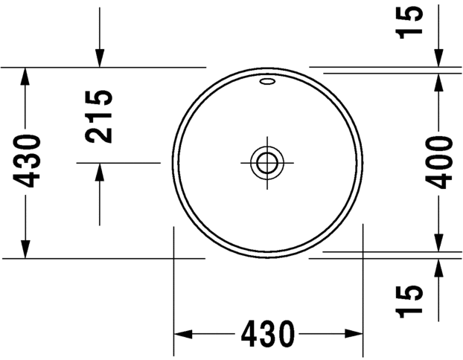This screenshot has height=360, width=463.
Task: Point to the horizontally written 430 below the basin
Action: pos(268,333)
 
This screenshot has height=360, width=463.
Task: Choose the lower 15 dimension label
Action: pos(411,300)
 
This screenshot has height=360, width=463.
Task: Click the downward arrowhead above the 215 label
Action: pos(99,57)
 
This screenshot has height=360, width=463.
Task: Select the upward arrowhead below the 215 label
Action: pos(99,172)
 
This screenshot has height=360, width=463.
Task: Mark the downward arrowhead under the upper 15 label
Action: pos(438,60)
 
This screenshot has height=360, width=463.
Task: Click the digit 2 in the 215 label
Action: pos(100,133)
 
